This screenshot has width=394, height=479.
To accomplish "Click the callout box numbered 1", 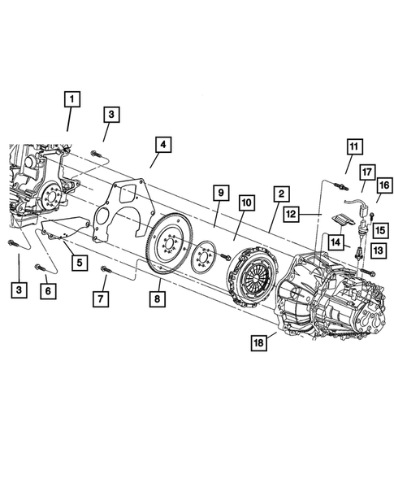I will pyautogui.click(x=72, y=100).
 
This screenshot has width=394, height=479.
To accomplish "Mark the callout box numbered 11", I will pyautogui.click(x=353, y=147).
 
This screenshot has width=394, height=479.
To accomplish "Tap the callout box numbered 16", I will pyautogui.click(x=383, y=186).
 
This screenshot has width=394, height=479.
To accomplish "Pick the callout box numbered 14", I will pyautogui.click(x=336, y=241).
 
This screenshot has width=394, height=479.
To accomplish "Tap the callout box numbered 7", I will pyautogui.click(x=102, y=298).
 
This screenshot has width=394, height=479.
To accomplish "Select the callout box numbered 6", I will pyautogui.click(x=48, y=290).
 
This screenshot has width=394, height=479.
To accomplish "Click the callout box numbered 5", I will pyautogui.click(x=78, y=263).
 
